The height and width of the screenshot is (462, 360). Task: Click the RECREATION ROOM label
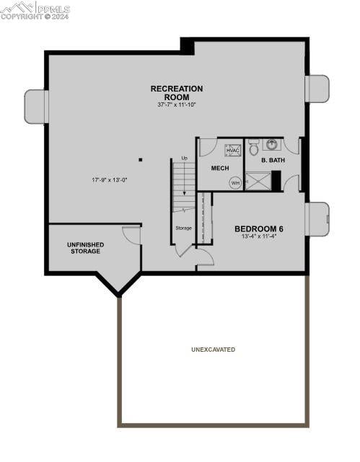click(177, 93)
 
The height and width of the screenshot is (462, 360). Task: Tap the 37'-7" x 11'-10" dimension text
click(177, 105)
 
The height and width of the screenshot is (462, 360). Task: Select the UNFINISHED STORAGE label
click(85, 248)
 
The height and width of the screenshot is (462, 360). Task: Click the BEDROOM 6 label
click(258, 229)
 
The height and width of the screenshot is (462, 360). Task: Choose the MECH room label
click(220, 169)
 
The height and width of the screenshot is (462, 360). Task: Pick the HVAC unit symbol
click(232, 151)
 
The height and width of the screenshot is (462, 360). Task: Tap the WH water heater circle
click(235, 183)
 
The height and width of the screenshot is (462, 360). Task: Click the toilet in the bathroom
click(254, 148)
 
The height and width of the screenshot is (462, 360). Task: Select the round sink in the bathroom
click(272, 144)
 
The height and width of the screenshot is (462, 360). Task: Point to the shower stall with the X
click(258, 181)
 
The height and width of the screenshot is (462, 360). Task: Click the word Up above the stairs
click(184, 158)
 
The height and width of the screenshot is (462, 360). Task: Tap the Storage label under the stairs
click(183, 228)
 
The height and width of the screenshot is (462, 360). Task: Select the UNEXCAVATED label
click(213, 350)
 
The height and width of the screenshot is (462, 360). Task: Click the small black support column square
click(141, 160)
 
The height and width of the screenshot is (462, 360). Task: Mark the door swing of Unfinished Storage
click(132, 235)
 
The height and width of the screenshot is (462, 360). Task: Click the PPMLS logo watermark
click(35, 10)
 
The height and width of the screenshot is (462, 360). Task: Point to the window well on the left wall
click(35, 107)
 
